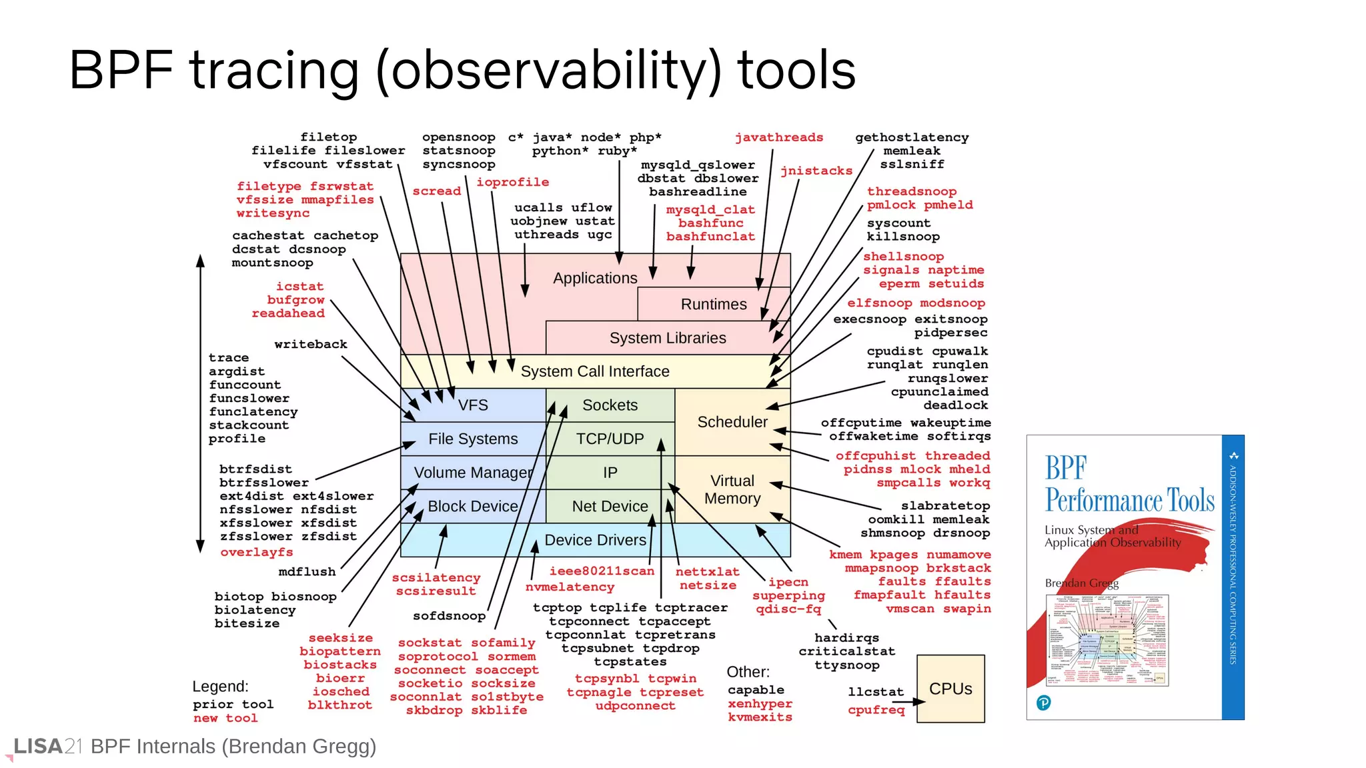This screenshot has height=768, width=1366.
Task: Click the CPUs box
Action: tap(950, 689)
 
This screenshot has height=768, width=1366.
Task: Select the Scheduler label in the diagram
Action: tap(732, 422)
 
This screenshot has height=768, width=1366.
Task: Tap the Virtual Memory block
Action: tap(732, 490)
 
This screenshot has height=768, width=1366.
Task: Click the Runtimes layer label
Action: tap(714, 305)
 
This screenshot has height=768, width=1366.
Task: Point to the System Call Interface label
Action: tap(595, 371)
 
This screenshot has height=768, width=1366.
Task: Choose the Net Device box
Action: tap(610, 507)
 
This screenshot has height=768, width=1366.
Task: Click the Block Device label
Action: tap(473, 507)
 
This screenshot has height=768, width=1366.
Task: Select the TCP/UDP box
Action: tap(610, 439)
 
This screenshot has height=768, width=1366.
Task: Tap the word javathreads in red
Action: tap(779, 137)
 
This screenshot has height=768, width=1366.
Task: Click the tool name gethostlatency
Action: tap(912, 137)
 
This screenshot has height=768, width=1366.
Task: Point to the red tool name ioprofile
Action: tap(512, 182)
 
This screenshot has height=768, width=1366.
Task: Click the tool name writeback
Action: tap(311, 344)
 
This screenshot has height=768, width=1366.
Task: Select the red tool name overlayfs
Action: tap(257, 552)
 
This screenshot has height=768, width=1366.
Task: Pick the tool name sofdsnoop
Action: tap(449, 616)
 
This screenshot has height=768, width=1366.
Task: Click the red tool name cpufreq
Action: tap(876, 710)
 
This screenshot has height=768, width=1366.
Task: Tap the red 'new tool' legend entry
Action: tap(225, 718)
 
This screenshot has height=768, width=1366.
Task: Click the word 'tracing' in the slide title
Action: tap(275, 71)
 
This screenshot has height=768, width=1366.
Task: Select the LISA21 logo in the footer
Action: tap(47, 747)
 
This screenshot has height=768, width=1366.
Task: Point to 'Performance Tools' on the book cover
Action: tap(1129, 500)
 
